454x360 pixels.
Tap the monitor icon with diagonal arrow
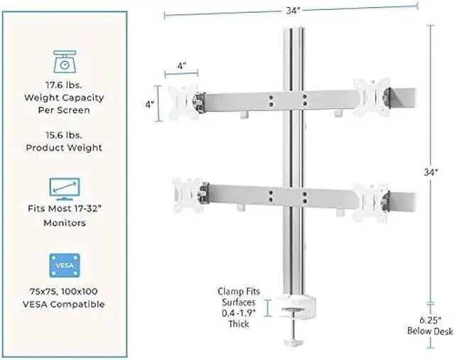65,190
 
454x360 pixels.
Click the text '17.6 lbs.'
65,85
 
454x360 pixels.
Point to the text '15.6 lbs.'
65,136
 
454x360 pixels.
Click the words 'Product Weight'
65,148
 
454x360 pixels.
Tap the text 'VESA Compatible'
65,304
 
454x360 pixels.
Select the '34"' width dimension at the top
290,9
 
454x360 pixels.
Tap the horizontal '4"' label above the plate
182,65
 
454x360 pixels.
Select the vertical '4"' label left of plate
150,104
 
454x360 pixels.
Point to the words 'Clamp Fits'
239,291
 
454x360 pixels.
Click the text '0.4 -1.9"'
239,312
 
